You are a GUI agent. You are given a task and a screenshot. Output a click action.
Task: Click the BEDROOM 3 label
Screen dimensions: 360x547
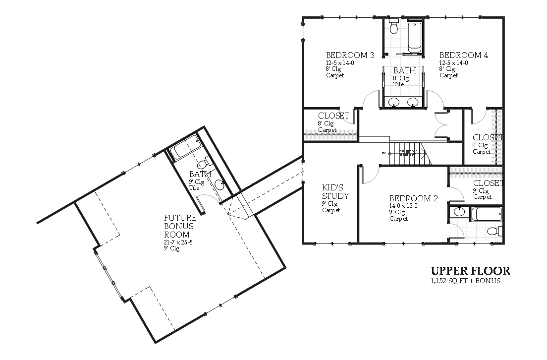point(350,55)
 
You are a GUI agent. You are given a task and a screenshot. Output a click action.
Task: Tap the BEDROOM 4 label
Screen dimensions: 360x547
point(464,55)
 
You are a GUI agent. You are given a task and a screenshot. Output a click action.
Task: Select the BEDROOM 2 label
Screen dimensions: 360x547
point(413,199)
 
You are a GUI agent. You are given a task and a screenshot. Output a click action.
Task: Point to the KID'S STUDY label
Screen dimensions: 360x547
point(335,191)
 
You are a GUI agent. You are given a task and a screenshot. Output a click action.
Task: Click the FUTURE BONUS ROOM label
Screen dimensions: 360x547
point(180,226)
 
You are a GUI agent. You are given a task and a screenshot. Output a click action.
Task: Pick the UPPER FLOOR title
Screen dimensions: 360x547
point(470,271)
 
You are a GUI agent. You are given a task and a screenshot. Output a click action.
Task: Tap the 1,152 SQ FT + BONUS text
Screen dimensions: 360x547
point(465,281)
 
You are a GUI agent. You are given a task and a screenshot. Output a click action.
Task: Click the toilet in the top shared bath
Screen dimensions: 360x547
point(394,27)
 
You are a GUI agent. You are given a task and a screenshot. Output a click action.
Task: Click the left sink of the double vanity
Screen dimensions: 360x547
point(394,102)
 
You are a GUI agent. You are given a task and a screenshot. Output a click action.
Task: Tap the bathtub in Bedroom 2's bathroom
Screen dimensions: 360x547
point(487,214)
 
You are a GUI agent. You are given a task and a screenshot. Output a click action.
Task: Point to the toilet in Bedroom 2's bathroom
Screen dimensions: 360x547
point(494,231)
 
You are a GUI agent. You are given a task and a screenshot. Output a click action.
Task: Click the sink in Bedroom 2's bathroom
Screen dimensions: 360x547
point(459,212)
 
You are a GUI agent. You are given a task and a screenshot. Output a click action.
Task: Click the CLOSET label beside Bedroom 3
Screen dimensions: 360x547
point(333,116)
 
